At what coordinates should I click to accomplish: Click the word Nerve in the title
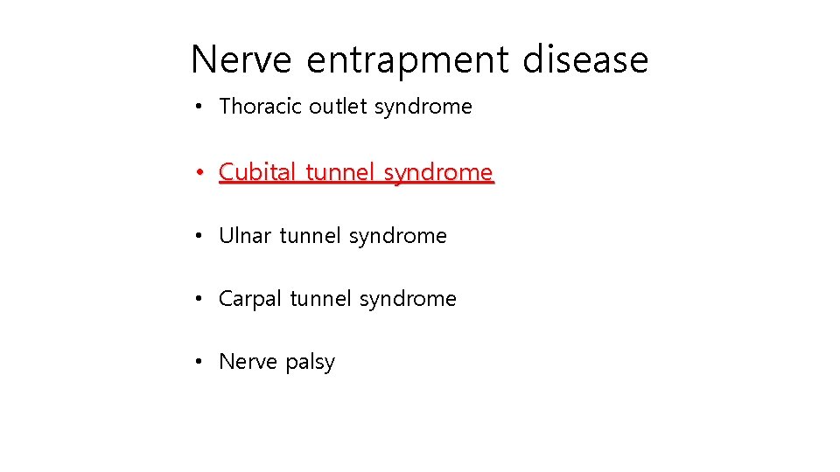(x=242, y=60)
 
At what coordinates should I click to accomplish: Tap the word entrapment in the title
(x=408, y=60)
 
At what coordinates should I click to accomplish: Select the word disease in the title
(x=585, y=60)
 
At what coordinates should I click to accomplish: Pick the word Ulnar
(x=245, y=236)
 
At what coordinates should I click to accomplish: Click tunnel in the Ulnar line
(x=311, y=236)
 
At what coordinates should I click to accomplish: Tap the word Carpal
(x=250, y=300)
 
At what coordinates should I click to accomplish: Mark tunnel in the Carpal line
(x=320, y=299)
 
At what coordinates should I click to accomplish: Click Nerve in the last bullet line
(x=246, y=362)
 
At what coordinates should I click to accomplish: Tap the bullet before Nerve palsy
(x=200, y=363)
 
